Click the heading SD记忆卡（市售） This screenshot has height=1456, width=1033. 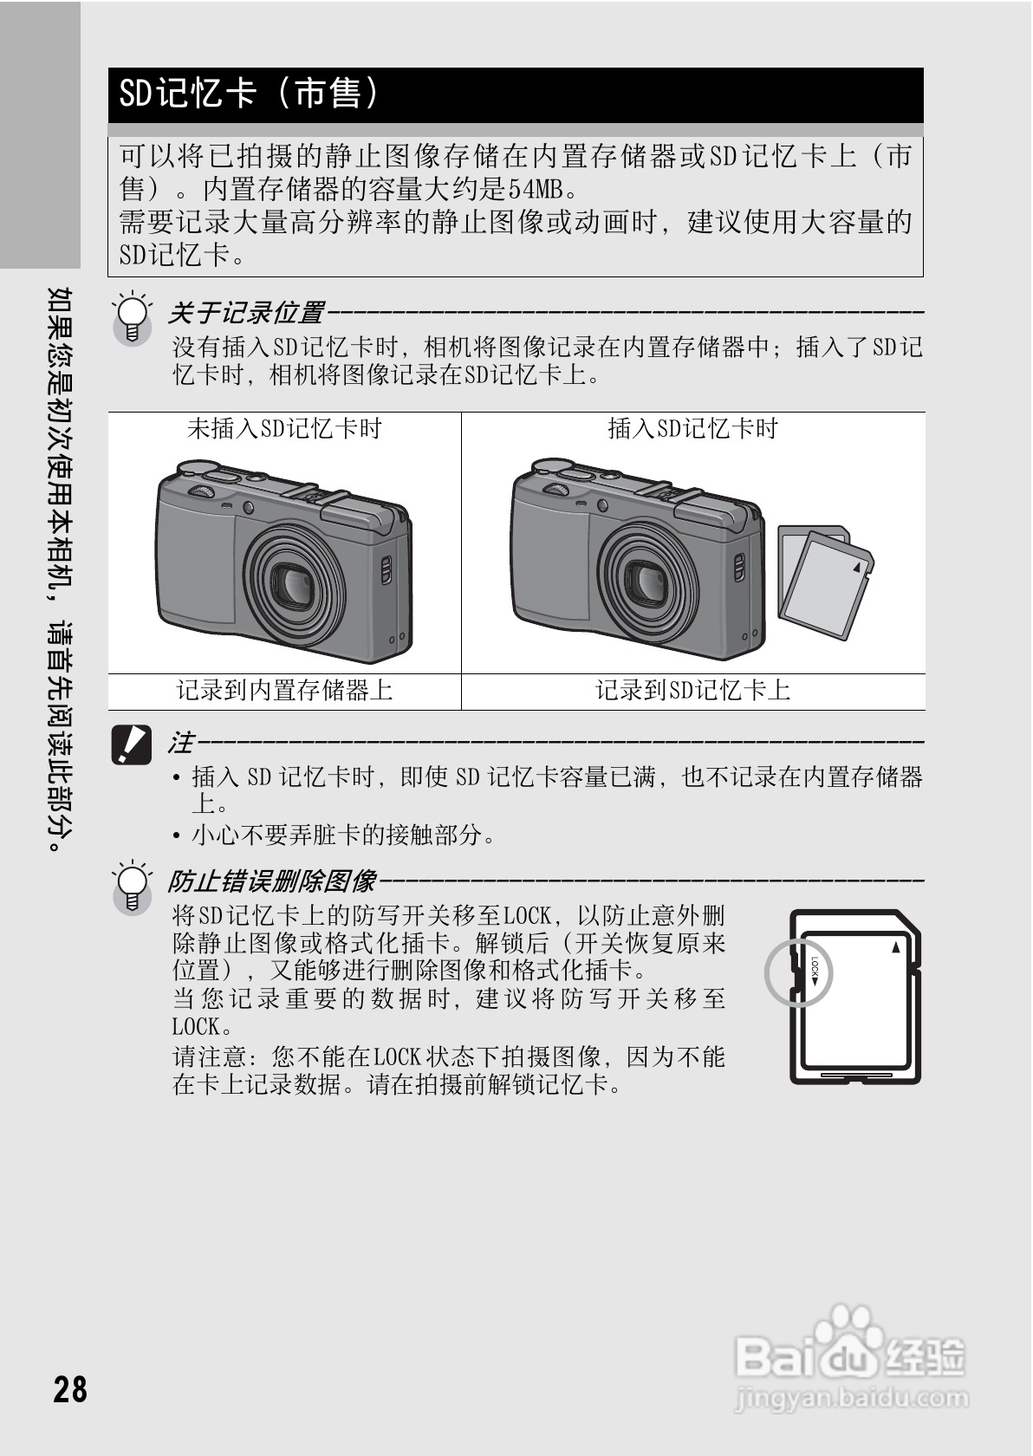pos(250,94)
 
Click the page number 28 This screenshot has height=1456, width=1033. pos(70,1388)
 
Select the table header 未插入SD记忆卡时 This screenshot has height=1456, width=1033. pos(284,428)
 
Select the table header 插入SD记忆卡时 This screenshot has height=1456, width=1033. pos(692,428)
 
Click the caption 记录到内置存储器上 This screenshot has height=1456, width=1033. pos(284,691)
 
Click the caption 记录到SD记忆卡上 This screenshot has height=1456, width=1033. pos(692,691)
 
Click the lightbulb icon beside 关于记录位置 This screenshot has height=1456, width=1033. pos(132,319)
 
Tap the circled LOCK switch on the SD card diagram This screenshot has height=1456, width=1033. pos(799,972)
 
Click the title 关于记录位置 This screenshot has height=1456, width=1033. pos(246,312)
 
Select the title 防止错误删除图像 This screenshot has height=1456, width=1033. pos(272,881)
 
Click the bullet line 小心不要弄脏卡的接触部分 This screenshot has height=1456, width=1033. pos(344,835)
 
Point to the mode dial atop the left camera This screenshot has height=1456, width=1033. pos(203,492)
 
